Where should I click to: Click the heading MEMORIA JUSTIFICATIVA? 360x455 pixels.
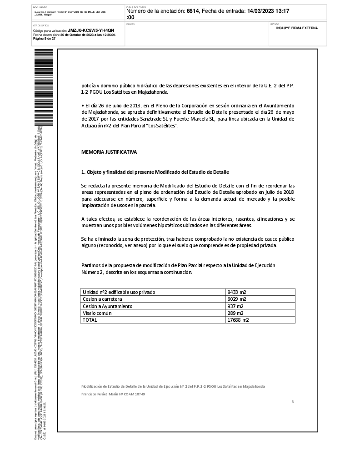point(109,152)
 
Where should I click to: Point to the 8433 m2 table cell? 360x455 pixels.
point(239,292)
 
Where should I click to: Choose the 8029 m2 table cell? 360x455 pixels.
point(237,299)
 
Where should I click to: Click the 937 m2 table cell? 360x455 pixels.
point(235,306)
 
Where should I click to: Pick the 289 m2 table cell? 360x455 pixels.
point(235,313)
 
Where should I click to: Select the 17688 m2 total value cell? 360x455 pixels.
point(238,320)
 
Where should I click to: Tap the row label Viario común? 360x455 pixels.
point(97,313)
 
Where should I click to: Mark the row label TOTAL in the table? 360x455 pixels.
point(90,320)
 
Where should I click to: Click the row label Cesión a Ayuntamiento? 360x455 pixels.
point(107,306)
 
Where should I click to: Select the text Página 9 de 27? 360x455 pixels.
point(45,39)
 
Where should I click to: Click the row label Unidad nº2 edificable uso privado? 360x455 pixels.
point(119,292)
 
